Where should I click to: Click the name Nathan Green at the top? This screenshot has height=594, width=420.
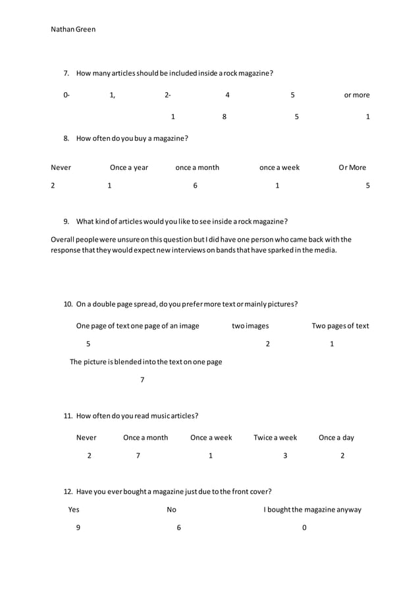click(73, 29)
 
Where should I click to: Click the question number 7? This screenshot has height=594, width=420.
click(66, 73)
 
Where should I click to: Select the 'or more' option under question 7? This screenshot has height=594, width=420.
click(357, 95)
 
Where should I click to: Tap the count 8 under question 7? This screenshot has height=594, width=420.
click(224, 117)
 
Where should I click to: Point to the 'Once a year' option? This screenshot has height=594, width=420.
click(129, 167)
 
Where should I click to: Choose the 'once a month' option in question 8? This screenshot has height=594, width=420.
click(197, 167)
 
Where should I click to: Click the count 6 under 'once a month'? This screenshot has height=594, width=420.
click(196, 186)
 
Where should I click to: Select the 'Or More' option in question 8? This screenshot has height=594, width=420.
click(352, 167)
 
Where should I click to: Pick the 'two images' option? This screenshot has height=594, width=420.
click(250, 325)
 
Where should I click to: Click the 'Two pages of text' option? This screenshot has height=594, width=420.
click(340, 325)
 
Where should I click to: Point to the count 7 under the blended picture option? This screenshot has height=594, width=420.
click(142, 380)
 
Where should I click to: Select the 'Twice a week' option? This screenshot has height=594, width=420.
click(275, 437)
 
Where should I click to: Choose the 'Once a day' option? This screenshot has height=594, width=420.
click(336, 437)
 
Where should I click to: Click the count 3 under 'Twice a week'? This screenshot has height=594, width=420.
click(285, 456)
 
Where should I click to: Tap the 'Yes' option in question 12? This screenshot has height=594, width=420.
click(74, 509)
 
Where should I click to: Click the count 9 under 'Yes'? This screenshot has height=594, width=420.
click(78, 527)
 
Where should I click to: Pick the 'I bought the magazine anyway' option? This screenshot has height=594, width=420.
click(313, 509)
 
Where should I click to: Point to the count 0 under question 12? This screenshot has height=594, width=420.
click(304, 527)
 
